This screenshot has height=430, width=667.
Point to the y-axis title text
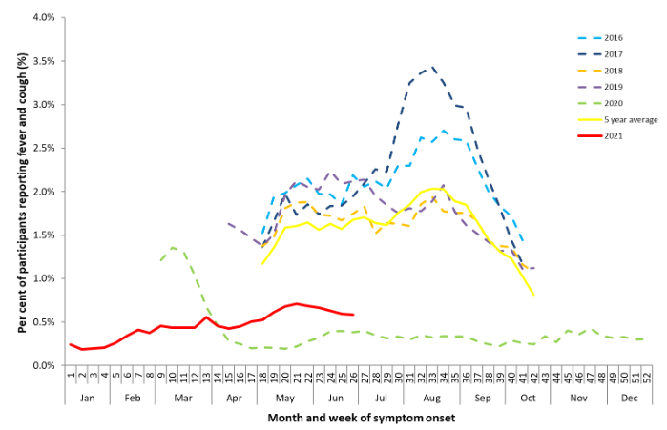(x=20, y=191)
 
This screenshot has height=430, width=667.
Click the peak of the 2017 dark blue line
(x=432, y=67)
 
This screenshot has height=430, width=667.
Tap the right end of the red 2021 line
(x=354, y=315)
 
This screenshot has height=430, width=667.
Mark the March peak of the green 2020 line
(x=173, y=247)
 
